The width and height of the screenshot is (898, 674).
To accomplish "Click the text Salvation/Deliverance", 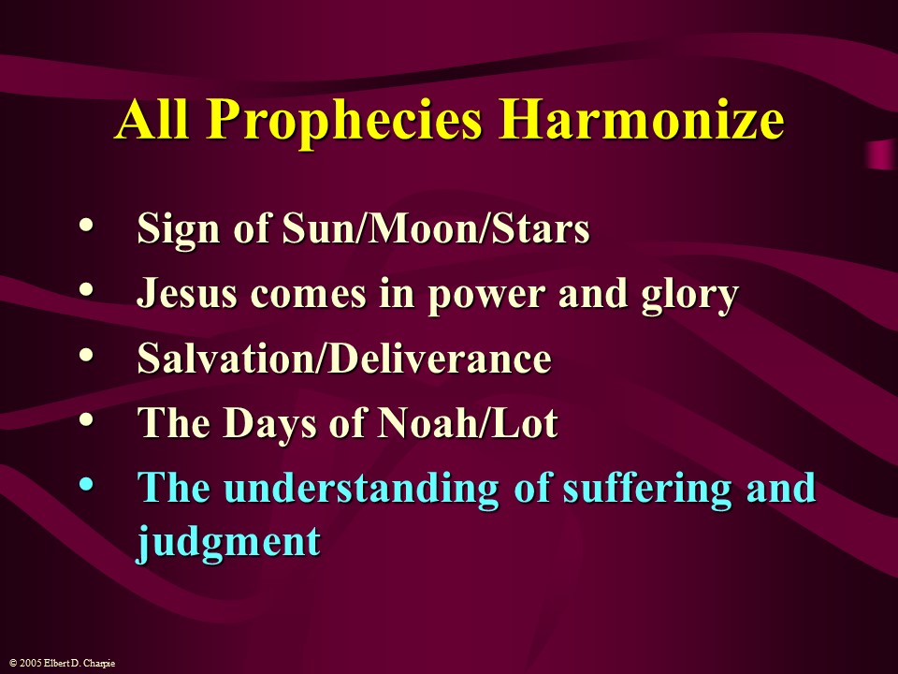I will click(x=344, y=359).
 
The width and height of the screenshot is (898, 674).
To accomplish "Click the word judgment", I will click(x=229, y=542).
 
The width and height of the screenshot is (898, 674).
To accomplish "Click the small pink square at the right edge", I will click(x=880, y=154).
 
